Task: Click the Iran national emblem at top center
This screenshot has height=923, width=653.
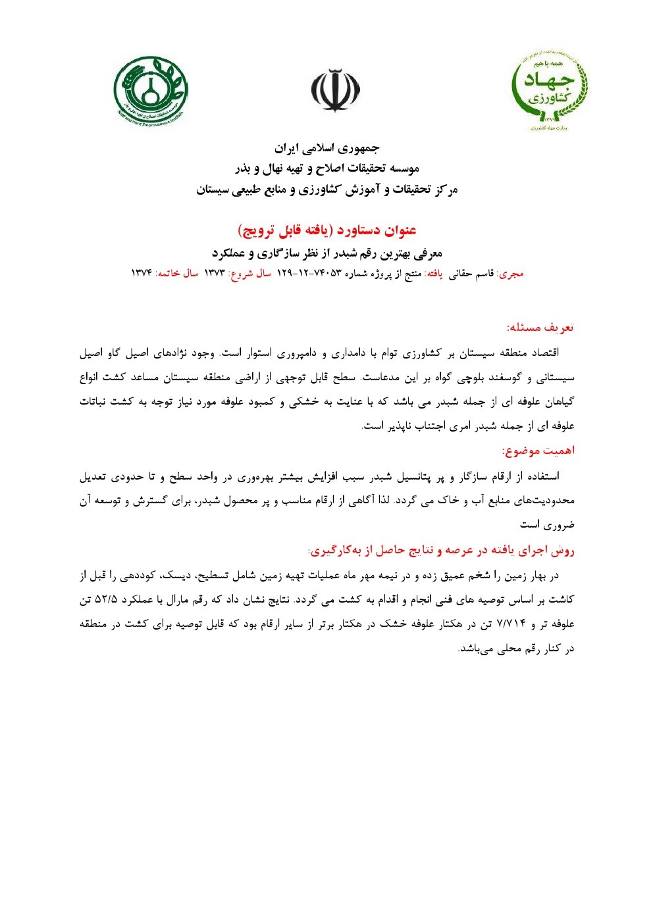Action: pyautogui.click(x=336, y=90)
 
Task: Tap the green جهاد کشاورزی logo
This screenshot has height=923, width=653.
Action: pyautogui.click(x=548, y=90)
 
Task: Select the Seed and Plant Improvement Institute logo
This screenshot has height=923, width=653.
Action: pyautogui.click(x=151, y=90)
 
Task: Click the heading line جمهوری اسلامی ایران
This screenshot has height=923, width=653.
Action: pyautogui.click(x=327, y=147)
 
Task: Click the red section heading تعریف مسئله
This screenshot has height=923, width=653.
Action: pyautogui.click(x=540, y=327)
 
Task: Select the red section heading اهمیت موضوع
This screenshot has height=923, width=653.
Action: pyautogui.click(x=538, y=451)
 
